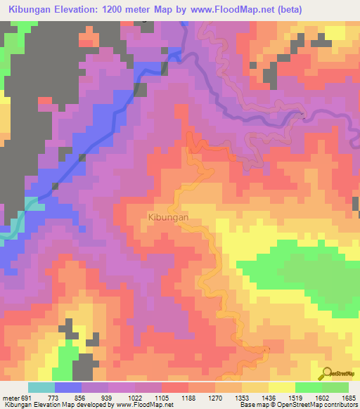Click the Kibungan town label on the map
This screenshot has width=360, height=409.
click(x=169, y=218)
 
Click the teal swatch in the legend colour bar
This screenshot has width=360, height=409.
click(x=41, y=387)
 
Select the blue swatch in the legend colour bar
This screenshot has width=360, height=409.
click(x=67, y=387)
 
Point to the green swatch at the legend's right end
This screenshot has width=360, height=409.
click(x=335, y=387)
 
